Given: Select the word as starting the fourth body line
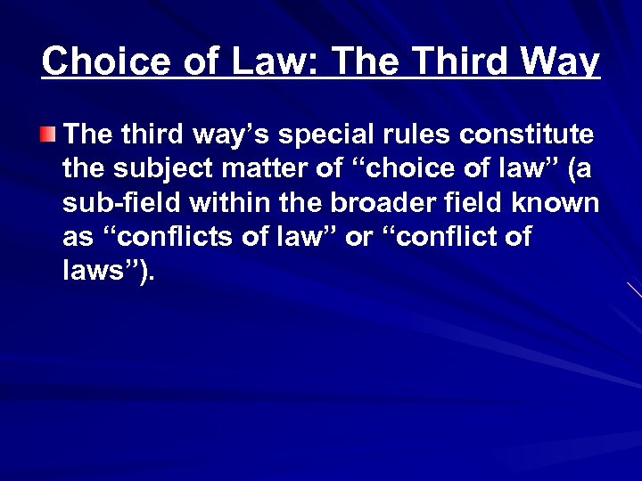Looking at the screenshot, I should pyautogui.click(x=78, y=238).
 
